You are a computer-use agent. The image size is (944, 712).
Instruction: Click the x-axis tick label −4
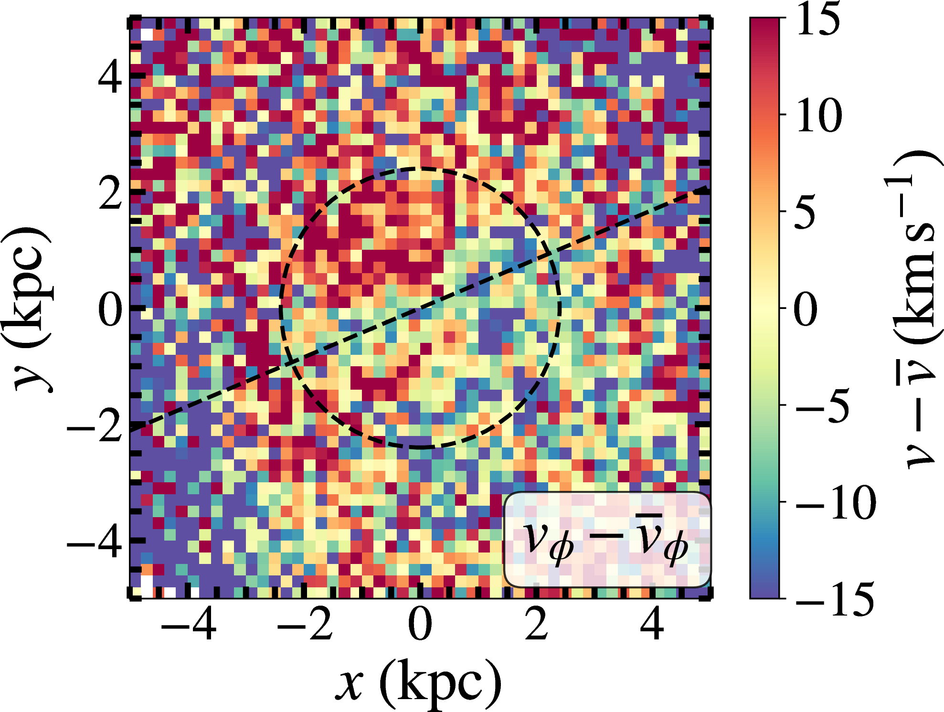point(189,624)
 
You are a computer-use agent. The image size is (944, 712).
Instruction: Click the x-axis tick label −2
point(305,624)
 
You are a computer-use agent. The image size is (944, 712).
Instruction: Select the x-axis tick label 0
point(420,624)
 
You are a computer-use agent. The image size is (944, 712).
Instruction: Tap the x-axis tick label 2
point(536,624)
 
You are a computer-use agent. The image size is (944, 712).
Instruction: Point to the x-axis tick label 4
point(652,624)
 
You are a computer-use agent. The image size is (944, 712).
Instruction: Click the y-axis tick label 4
point(110,77)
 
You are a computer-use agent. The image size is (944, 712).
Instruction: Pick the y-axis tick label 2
point(110,193)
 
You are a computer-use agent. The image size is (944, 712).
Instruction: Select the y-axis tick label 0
point(110,309)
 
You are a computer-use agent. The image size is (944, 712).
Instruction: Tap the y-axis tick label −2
point(94,425)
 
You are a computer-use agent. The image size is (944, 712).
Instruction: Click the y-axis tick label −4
point(94,541)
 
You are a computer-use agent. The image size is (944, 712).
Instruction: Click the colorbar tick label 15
point(818,19)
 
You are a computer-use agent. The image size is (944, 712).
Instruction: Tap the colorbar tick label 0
point(806,309)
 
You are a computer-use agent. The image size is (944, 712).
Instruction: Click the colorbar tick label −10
point(836,502)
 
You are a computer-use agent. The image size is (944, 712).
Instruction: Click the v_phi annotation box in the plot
point(607,540)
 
